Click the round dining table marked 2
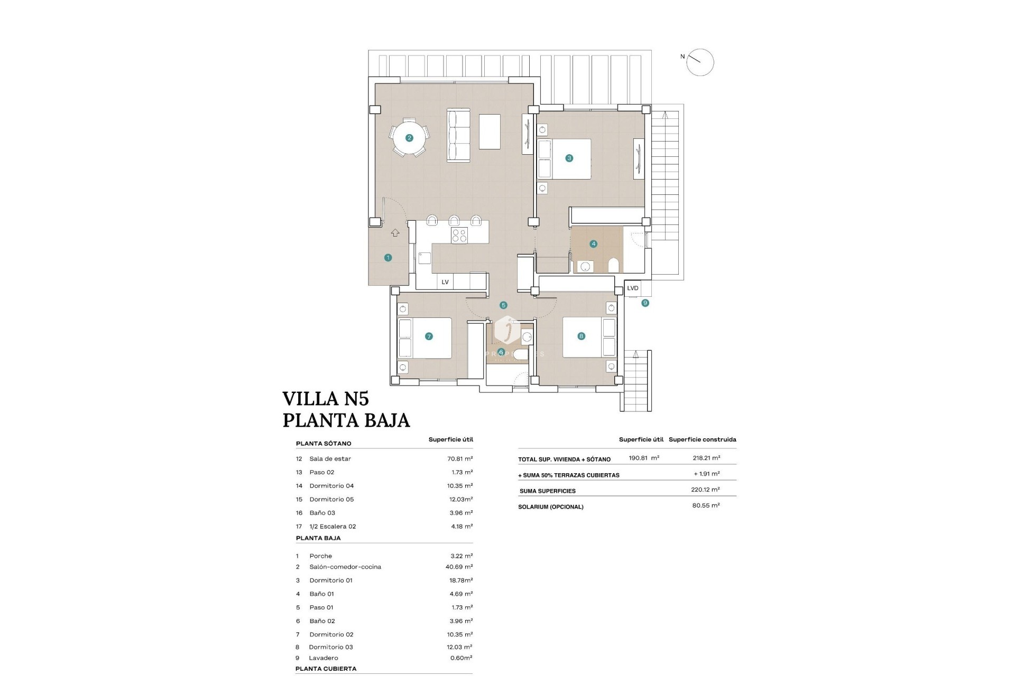[409, 138]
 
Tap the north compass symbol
[700, 62]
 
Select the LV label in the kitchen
[445, 282]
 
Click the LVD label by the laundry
[633, 288]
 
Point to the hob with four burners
[459, 236]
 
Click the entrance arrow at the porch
[395, 232]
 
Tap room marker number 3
[569, 158]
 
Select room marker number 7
[429, 336]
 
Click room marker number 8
[582, 336]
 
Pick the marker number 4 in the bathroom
[594, 244]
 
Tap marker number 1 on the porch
[388, 258]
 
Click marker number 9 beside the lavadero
[645, 303]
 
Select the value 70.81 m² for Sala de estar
[460, 459]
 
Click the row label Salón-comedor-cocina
[345, 567]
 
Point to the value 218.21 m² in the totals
[706, 458]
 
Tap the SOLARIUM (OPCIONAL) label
[551, 506]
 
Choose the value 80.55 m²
[706, 505]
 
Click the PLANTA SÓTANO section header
[324, 444]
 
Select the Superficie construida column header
[702, 439]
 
